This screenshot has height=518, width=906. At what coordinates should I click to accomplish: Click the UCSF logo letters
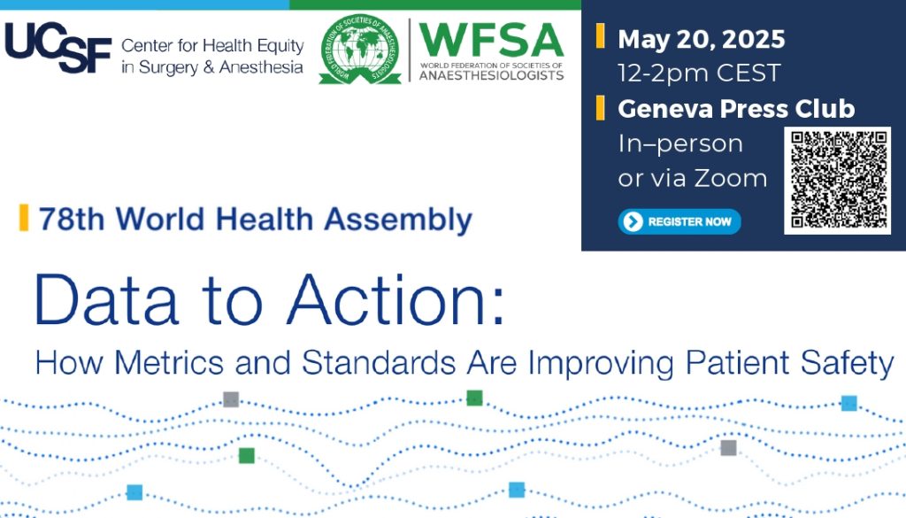click(58, 48)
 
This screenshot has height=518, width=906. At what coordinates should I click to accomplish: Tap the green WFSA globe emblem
click(360, 49)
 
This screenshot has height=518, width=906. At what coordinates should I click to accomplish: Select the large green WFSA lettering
click(491, 40)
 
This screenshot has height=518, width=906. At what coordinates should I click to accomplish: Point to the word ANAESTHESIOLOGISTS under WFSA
click(491, 75)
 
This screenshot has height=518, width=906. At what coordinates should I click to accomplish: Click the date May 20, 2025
click(702, 39)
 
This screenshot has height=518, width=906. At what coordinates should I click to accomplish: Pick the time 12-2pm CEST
click(699, 73)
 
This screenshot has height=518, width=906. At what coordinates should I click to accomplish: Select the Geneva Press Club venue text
click(736, 109)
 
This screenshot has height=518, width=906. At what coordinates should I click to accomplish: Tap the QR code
click(838, 181)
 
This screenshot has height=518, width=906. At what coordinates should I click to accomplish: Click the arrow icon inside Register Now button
click(633, 221)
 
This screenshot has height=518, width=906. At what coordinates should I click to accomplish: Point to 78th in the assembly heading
click(72, 219)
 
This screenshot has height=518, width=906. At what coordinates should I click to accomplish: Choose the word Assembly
click(398, 220)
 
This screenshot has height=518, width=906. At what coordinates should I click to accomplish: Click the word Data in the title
click(106, 300)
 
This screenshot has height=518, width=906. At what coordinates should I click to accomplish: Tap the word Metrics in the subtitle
click(169, 363)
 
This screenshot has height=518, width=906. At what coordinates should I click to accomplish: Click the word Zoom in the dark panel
click(730, 178)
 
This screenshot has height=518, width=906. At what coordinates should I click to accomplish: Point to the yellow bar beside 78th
click(24, 217)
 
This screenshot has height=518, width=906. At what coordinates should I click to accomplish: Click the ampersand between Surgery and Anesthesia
click(209, 67)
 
